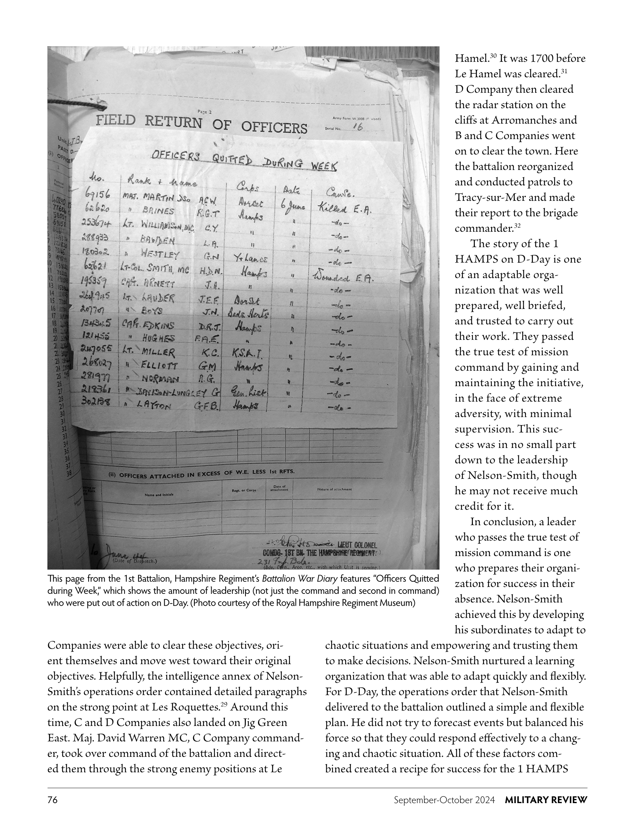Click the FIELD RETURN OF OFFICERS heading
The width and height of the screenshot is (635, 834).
201,124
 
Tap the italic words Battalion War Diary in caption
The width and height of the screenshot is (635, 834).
301,579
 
